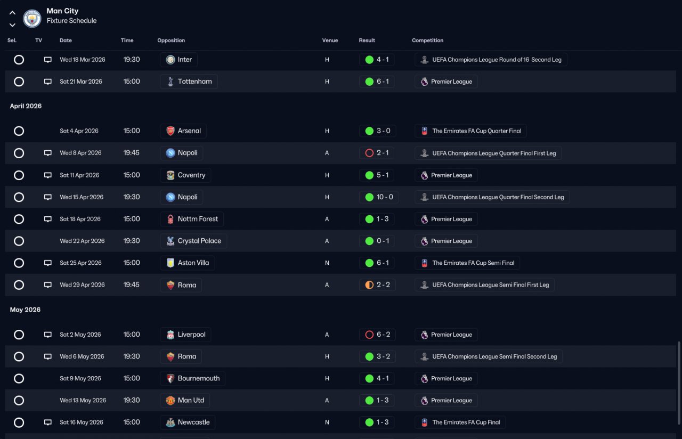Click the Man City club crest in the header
(32, 18)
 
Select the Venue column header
(330, 40)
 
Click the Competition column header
(427, 40)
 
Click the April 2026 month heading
(26, 106)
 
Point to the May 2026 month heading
(25, 310)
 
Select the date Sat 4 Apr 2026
(79, 131)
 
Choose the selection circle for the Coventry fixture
(19, 175)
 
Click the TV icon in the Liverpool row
(48, 335)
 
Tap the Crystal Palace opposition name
(199, 241)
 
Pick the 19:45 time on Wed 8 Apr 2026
(131, 153)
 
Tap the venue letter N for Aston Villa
(327, 263)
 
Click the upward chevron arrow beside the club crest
(12, 13)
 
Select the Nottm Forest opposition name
(198, 219)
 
